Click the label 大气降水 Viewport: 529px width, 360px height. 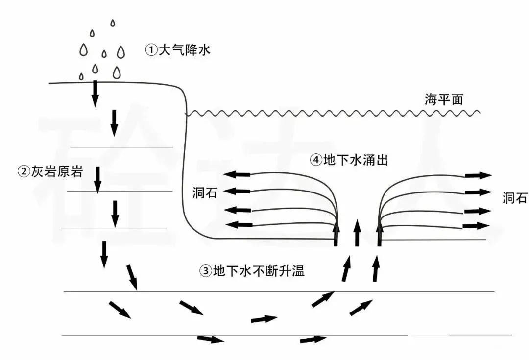pyautogui.click(x=185, y=50)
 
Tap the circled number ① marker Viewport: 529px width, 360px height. pyautogui.click(x=151, y=50)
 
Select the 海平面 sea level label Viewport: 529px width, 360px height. pyautogui.click(x=444, y=99)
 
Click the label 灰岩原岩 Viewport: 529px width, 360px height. pyautogui.click(x=57, y=172)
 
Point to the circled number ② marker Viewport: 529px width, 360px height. pyautogui.click(x=24, y=172)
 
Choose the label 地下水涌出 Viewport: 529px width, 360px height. pyautogui.click(x=356, y=160)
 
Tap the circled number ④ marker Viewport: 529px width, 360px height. pyautogui.click(x=316, y=160)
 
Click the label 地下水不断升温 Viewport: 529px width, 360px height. pyautogui.click(x=259, y=270)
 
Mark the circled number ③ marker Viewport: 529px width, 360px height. pyautogui.click(x=205, y=271)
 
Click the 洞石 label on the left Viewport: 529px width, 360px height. pyautogui.click(x=205, y=193)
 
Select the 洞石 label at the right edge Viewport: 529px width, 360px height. pyautogui.click(x=515, y=198)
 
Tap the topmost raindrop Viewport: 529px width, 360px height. pyautogui.click(x=113, y=23)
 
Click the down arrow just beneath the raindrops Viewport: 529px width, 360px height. pyautogui.click(x=96, y=94)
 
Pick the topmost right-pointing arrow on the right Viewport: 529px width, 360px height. pyautogui.click(x=479, y=175)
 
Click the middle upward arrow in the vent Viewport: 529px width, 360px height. pyautogui.click(x=357, y=233)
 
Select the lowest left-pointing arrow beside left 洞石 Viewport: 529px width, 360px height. pyautogui.click(x=239, y=224)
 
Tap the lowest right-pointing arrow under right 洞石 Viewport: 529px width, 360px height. pyautogui.click(x=476, y=226)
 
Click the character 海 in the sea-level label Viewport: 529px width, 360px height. pyautogui.click(x=431, y=99)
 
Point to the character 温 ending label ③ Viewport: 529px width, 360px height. pyautogui.click(x=299, y=270)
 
